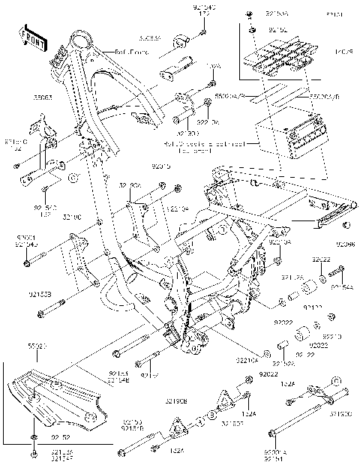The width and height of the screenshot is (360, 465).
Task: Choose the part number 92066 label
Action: point(345,244)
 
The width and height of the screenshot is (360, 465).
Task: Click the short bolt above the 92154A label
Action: point(335,271)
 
